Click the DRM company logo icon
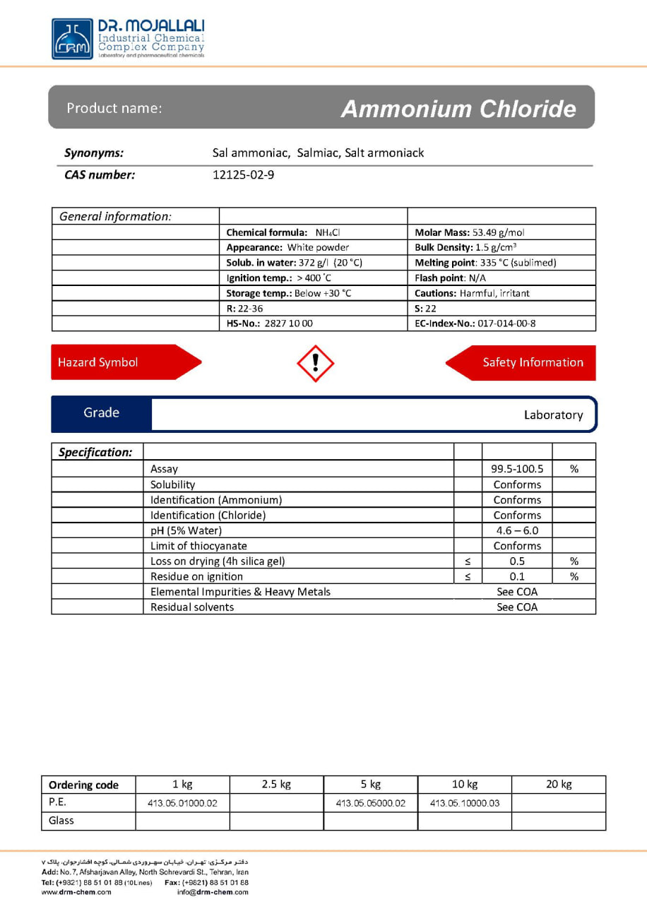pyautogui.click(x=72, y=39)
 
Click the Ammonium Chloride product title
pyautogui.click(x=458, y=109)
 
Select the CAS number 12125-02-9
pyautogui.click(x=243, y=175)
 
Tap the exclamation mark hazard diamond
pyautogui.click(x=315, y=363)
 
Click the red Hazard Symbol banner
pyautogui.click(x=120, y=362)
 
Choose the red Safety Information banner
pyautogui.click(x=526, y=362)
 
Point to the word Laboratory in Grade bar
pyautogui.click(x=553, y=415)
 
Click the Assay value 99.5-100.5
pyautogui.click(x=517, y=469)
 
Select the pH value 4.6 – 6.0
pyautogui.click(x=517, y=530)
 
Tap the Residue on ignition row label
pyautogui.click(x=196, y=576)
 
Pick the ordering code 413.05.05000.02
pyautogui.click(x=371, y=803)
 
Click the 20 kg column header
pyautogui.click(x=558, y=784)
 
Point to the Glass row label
pyautogui.click(x=61, y=821)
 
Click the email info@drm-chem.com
pyautogui.click(x=213, y=892)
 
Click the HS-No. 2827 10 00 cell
pyautogui.click(x=270, y=323)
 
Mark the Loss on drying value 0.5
pyautogui.click(x=517, y=561)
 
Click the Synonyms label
pyautogui.click(x=94, y=153)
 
